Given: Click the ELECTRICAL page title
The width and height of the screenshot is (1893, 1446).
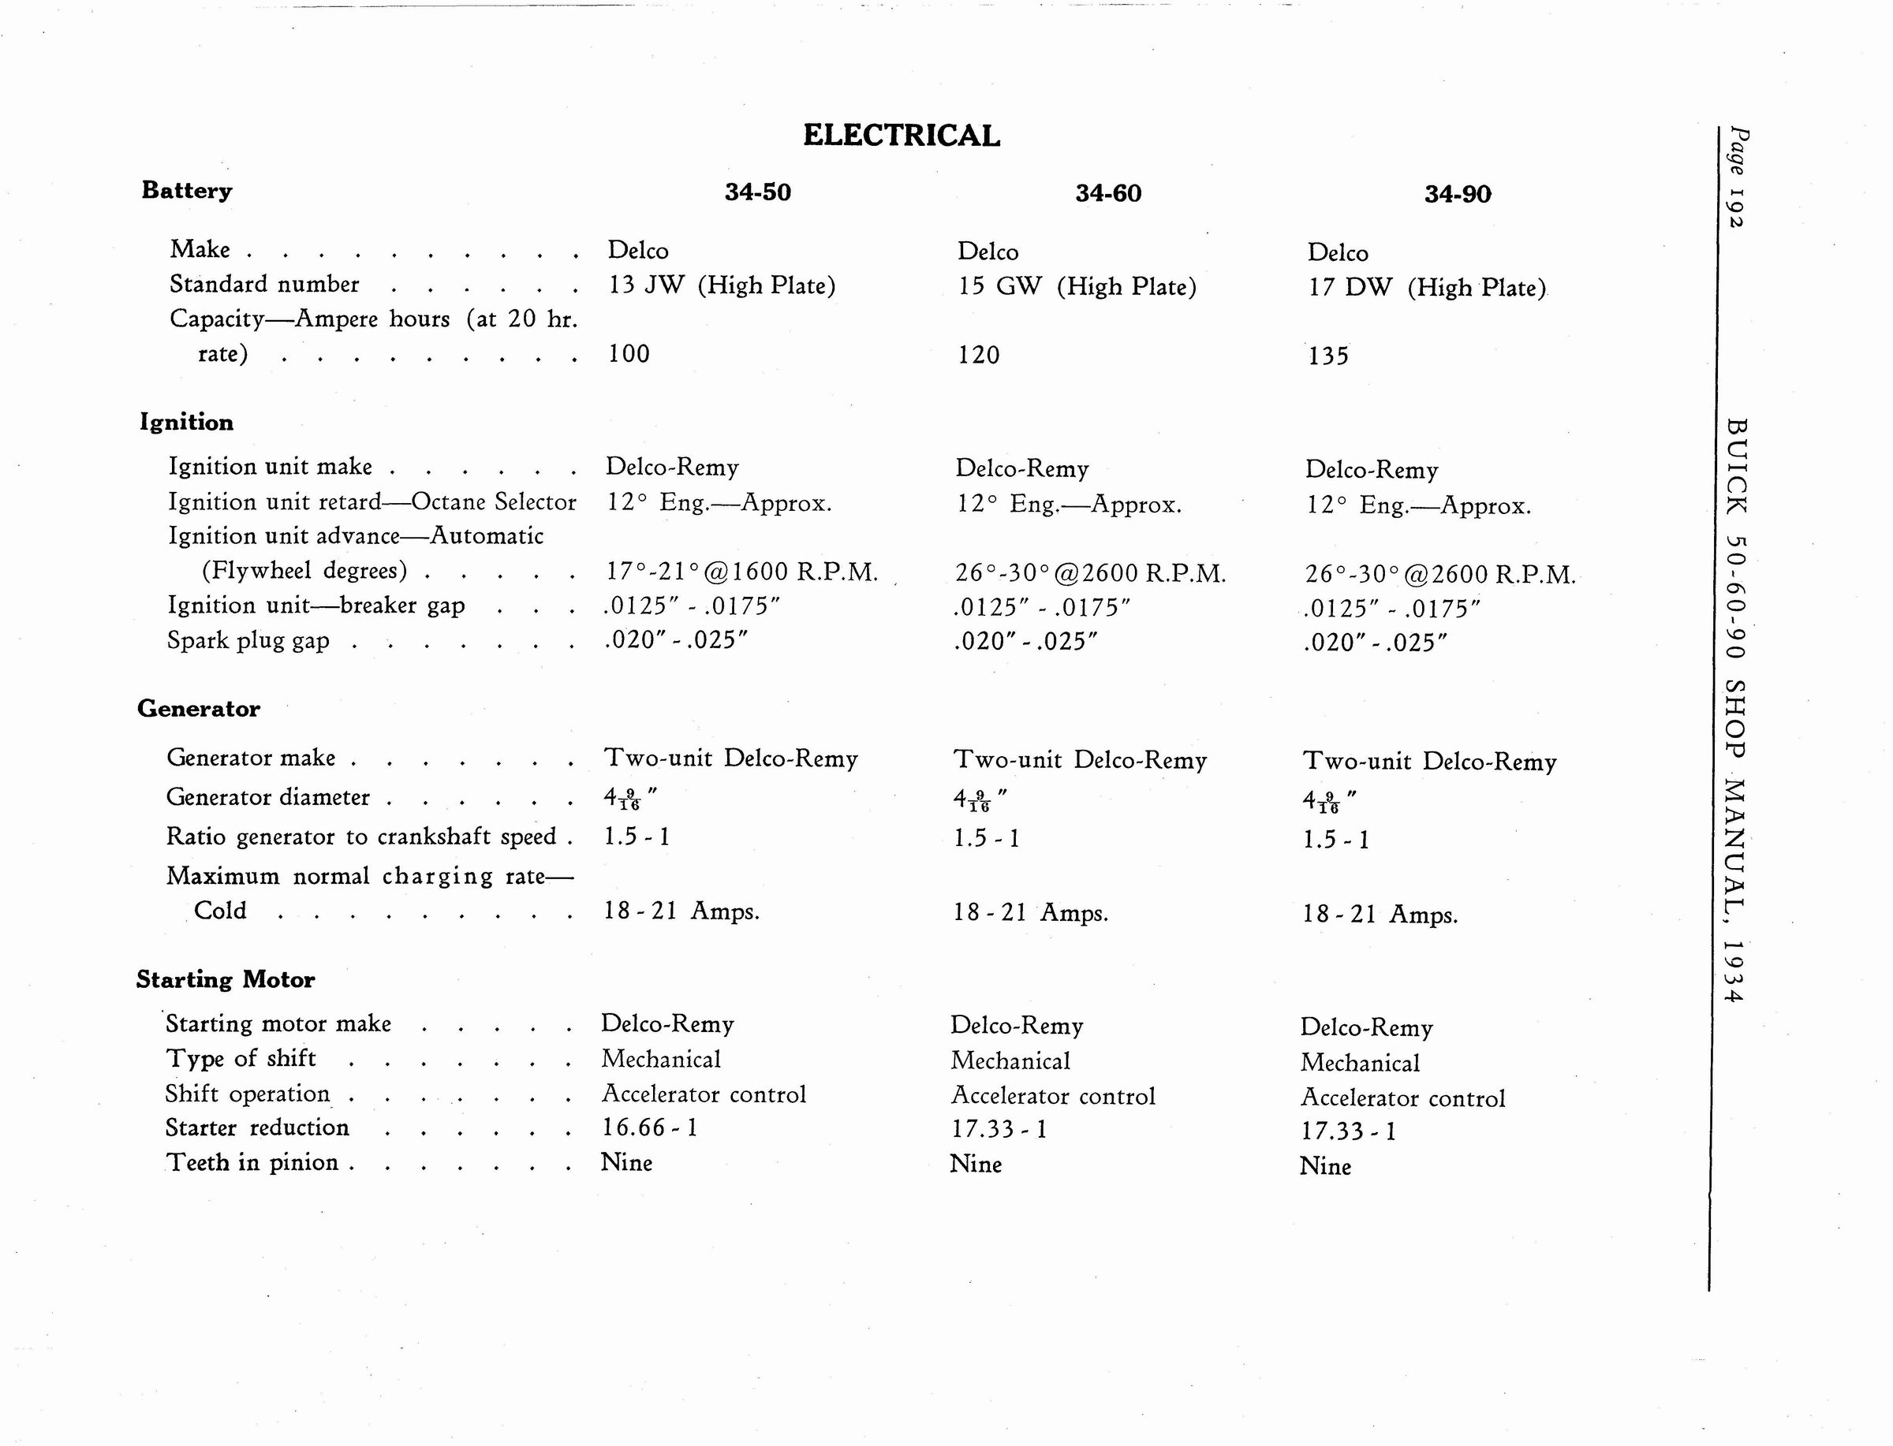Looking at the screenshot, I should point(902,136).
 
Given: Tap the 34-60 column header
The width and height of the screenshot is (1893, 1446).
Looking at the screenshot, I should point(1108,193).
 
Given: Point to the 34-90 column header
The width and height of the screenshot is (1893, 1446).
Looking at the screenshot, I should point(1458,194).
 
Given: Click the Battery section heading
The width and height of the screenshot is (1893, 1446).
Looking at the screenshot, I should point(187,190).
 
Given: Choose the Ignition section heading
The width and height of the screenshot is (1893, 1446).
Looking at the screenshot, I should point(187,422).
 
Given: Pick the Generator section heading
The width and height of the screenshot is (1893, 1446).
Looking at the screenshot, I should point(198,708).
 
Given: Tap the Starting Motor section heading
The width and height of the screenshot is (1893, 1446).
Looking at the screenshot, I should point(226,979).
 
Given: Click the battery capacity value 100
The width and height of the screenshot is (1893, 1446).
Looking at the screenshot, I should point(629,354).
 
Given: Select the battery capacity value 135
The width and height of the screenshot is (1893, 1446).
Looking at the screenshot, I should point(1328,356).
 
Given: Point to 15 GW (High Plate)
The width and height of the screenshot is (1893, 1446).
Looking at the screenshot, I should point(1077,287).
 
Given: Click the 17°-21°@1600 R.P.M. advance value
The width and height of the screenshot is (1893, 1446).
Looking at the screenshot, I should point(742,572).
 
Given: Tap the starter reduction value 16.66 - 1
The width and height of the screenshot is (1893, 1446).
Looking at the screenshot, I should point(649,1127).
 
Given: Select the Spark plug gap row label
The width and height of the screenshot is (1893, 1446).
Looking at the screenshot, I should point(248,641).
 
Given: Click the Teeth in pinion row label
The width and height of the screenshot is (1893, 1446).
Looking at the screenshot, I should point(252,1163).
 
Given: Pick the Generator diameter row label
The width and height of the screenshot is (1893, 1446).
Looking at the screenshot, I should point(267,797).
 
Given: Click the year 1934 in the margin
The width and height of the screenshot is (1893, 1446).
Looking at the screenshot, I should point(1734,971).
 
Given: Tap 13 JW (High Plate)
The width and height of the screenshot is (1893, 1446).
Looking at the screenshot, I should point(722,285).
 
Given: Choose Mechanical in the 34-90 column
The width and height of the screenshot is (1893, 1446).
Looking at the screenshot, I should point(1360,1063).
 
